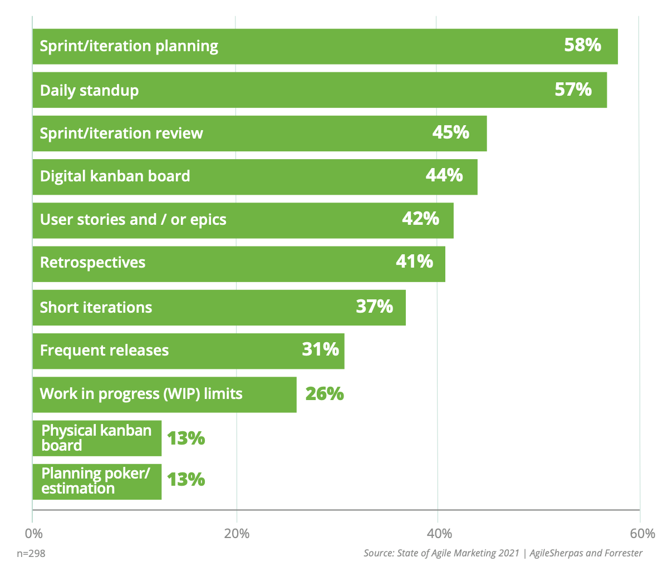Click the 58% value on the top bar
pos(582,45)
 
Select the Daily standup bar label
pos(89,90)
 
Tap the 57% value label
pos(573,89)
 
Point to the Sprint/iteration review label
pos(121,134)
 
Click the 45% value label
pos(450,132)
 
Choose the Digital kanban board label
pos(115,176)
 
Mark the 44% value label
pos(444,175)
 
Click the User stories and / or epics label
pos(133,220)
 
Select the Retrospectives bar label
pos(92,263)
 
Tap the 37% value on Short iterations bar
pos(374,306)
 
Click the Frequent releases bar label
pos(104,351)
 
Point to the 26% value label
pos(324,394)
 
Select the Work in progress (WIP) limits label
pos(141,394)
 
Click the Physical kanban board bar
pos(96,438)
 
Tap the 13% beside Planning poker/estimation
pos(186,479)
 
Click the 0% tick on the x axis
pos(34,534)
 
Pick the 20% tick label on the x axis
pos(237,534)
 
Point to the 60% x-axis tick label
pos(643,534)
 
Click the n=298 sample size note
pos(31,554)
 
